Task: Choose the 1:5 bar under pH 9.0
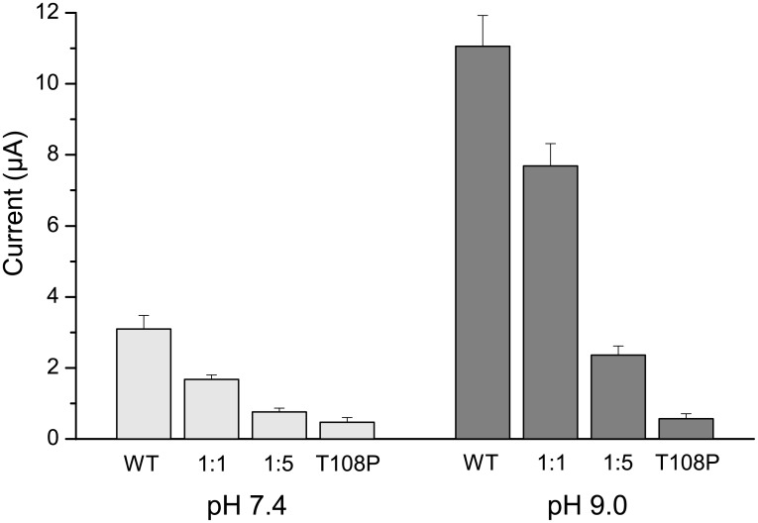pos(617,396)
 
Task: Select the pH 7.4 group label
pos(245,502)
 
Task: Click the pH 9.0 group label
pos(584,502)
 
